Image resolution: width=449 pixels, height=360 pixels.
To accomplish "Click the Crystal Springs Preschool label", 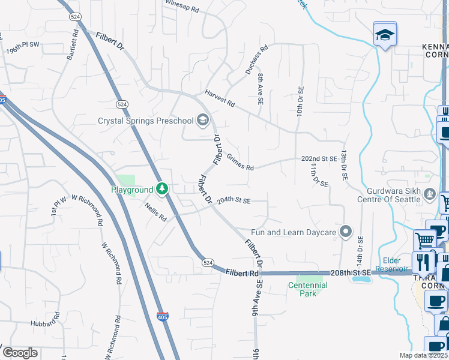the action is click(x=146, y=120).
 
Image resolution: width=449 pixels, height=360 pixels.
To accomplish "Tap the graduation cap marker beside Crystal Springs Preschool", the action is click(x=203, y=120).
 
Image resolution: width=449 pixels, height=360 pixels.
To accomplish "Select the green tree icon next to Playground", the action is click(x=161, y=190).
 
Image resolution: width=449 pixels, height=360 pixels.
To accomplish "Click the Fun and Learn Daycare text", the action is click(x=294, y=232).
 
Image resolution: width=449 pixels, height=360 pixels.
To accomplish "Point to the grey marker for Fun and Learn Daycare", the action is click(x=345, y=232).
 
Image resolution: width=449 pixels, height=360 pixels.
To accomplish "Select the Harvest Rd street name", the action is click(x=219, y=99).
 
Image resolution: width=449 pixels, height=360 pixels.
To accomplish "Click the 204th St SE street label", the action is click(x=234, y=200).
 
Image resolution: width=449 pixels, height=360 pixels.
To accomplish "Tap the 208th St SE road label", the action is click(x=351, y=273).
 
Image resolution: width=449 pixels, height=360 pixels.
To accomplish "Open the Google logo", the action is click(x=20, y=353).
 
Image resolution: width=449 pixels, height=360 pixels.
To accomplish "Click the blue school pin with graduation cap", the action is click(x=384, y=33).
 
